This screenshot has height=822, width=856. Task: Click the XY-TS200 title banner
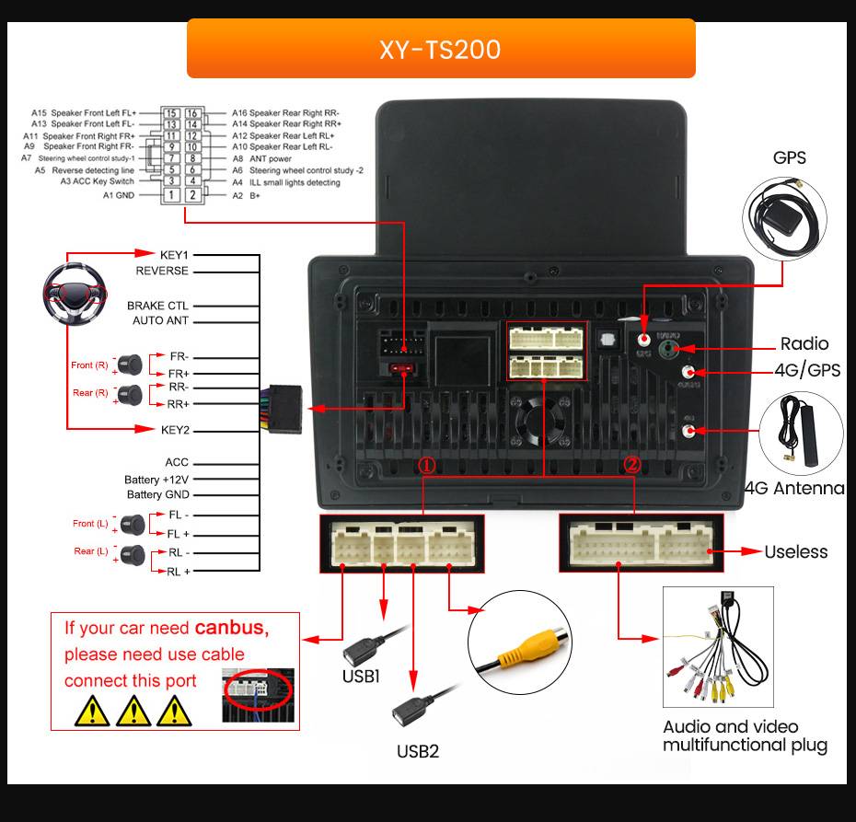tap(440, 49)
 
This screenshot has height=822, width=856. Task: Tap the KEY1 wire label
tap(174, 254)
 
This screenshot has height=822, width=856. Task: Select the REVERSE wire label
tap(162, 271)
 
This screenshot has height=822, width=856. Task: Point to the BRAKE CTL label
tap(157, 306)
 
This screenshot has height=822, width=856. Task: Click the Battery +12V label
tap(156, 480)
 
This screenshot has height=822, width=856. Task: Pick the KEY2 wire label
tap(175, 430)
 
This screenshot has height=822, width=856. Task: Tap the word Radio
tap(804, 343)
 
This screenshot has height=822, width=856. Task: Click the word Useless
tap(795, 551)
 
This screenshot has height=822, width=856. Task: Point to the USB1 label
tap(361, 677)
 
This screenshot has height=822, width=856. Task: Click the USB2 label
tap(418, 751)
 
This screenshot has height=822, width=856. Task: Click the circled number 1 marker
tap(426, 465)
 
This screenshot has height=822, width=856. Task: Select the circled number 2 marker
tap(631, 465)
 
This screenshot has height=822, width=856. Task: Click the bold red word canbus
tap(230, 629)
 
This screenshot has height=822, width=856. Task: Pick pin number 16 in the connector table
tap(192, 113)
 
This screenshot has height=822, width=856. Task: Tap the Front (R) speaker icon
tap(129, 365)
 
